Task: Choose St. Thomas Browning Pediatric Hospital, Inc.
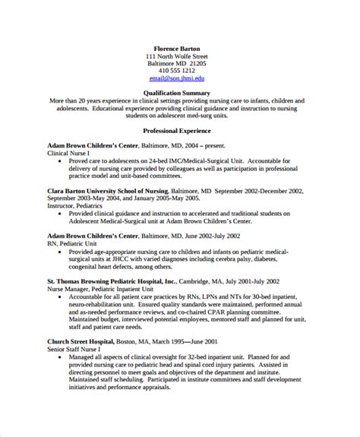120,280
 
